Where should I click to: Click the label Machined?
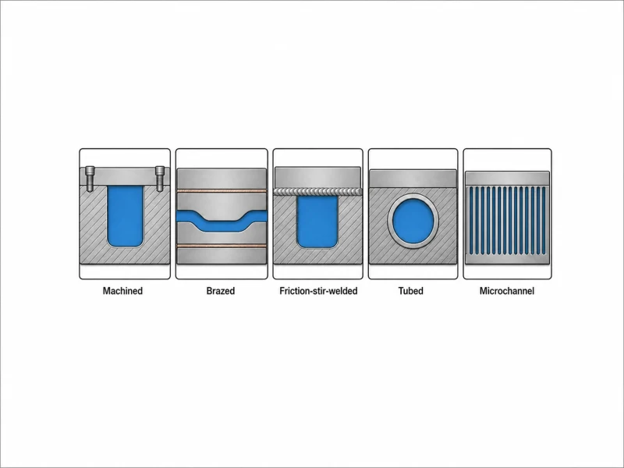click(122, 291)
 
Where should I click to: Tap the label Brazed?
click(221, 291)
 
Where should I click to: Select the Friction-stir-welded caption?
click(318, 291)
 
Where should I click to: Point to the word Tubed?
click(411, 291)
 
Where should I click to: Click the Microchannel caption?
click(506, 291)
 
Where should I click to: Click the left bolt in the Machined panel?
click(90, 179)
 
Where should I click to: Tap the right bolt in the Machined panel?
click(160, 179)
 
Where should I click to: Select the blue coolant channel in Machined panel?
click(125, 216)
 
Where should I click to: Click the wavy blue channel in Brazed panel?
click(222, 222)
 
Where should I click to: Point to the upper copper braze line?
click(222, 191)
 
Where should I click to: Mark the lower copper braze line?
click(222, 246)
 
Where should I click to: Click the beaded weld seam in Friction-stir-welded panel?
click(318, 192)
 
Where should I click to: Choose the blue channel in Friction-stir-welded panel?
click(317, 222)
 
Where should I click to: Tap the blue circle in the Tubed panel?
click(413, 221)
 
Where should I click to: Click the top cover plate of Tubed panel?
click(413, 179)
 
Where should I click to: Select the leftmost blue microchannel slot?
click(471, 221)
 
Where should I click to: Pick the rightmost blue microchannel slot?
click(544, 221)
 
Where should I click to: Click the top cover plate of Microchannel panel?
click(508, 178)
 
